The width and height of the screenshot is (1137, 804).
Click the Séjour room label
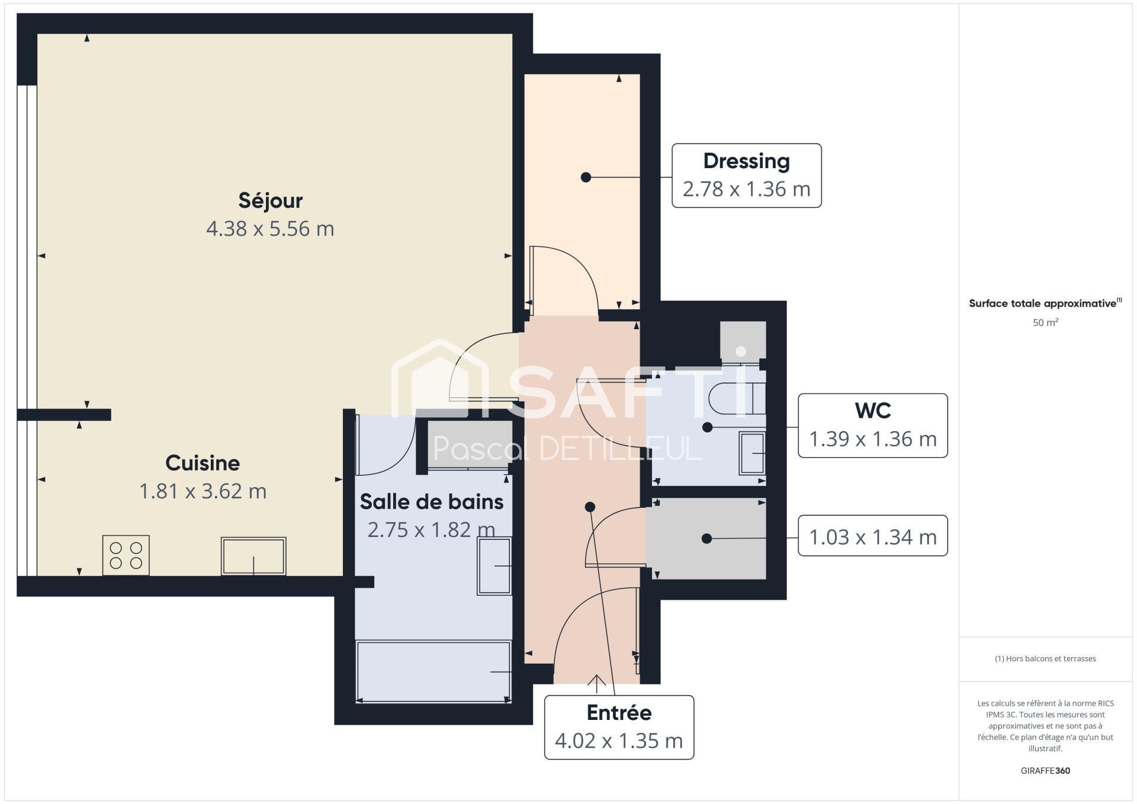(x=271, y=201)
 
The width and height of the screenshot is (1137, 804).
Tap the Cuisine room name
(x=203, y=463)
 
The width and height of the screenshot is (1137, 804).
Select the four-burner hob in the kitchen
(x=126, y=555)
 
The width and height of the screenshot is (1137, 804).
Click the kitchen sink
(x=253, y=556)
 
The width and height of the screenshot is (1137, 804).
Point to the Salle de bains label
(x=432, y=502)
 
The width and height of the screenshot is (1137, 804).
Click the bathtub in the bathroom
(x=433, y=671)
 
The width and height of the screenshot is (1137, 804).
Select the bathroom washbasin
(x=494, y=566)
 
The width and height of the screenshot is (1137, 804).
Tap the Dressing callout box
(x=747, y=175)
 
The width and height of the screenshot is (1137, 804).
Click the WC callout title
(x=873, y=410)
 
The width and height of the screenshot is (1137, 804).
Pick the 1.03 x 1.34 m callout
(x=873, y=536)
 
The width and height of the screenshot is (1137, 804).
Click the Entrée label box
(x=619, y=727)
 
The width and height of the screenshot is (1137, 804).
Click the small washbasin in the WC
(x=752, y=454)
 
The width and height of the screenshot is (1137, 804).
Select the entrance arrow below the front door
(x=596, y=684)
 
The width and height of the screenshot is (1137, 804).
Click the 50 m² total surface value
(x=1045, y=323)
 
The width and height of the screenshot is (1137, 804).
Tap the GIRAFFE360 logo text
(x=1045, y=771)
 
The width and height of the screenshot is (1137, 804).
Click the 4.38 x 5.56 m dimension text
(x=270, y=229)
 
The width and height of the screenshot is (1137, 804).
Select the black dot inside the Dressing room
(x=586, y=177)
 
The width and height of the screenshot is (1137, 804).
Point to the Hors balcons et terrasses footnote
(x=1045, y=658)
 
